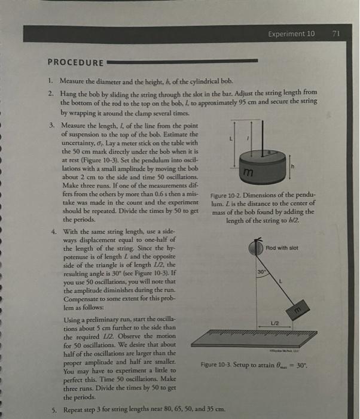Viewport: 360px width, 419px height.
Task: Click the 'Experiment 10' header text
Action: point(292,34)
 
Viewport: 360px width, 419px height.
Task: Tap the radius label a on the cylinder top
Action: point(269,153)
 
